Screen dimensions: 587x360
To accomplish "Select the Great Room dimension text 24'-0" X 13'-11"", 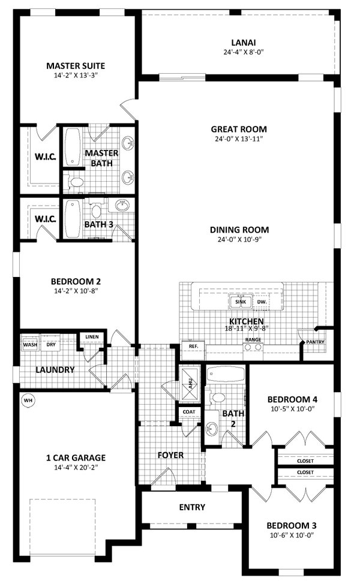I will click(238, 139).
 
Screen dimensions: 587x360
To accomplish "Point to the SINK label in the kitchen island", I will click(240, 302).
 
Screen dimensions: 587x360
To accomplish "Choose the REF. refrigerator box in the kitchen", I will click(193, 347).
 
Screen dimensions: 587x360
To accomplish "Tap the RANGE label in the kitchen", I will click(252, 340).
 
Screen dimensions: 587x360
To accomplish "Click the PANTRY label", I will click(315, 342).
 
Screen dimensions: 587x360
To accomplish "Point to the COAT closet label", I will click(188, 412).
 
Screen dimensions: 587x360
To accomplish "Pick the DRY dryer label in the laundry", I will click(52, 345).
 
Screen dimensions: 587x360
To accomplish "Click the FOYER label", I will click(171, 455).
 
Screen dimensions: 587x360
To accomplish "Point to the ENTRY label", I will click(192, 507).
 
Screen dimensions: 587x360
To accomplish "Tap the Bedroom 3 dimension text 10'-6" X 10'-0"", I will click(291, 535).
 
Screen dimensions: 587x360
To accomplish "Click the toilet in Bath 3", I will click(96, 211).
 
